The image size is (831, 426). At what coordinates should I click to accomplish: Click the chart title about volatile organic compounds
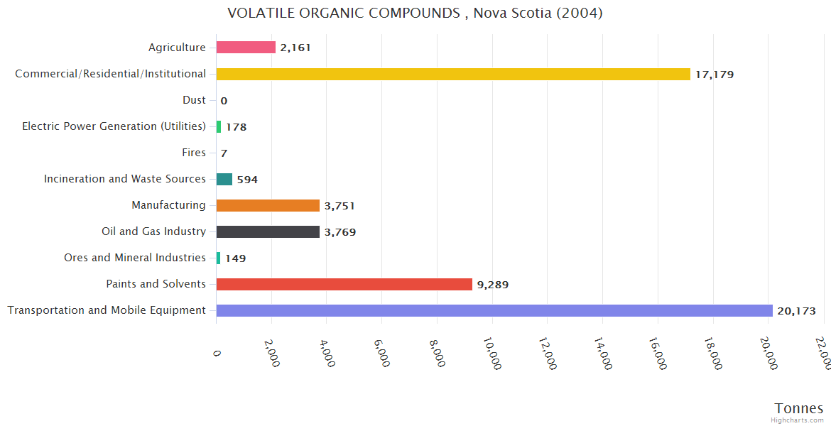coord(415,13)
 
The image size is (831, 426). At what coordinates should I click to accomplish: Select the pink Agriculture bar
coord(246,48)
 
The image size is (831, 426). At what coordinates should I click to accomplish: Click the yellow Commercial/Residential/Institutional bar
coord(453,74)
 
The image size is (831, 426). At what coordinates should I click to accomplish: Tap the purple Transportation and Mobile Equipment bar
coord(494,310)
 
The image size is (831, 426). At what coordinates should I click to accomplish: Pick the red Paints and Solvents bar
coord(344,284)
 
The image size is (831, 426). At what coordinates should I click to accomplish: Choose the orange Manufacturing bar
coord(268,205)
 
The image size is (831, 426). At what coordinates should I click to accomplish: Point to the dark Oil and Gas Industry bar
coord(268,231)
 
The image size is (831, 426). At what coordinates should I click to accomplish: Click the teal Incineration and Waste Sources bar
coord(224,179)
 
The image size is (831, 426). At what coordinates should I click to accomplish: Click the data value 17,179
coord(715,75)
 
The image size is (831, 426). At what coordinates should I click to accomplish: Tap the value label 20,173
coord(796,311)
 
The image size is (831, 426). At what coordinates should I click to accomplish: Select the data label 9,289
coord(493,285)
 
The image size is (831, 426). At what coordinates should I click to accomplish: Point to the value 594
coord(247,180)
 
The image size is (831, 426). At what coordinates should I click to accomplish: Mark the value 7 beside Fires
coord(224,153)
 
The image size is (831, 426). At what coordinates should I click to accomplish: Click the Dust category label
coord(194,100)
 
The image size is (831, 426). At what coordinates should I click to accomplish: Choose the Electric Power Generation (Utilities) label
coord(114,126)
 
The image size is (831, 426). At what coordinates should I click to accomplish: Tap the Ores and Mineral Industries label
coord(134,258)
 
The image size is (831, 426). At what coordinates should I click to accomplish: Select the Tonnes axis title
coord(798,408)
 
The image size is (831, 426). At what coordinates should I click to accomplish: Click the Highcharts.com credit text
coord(798,420)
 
